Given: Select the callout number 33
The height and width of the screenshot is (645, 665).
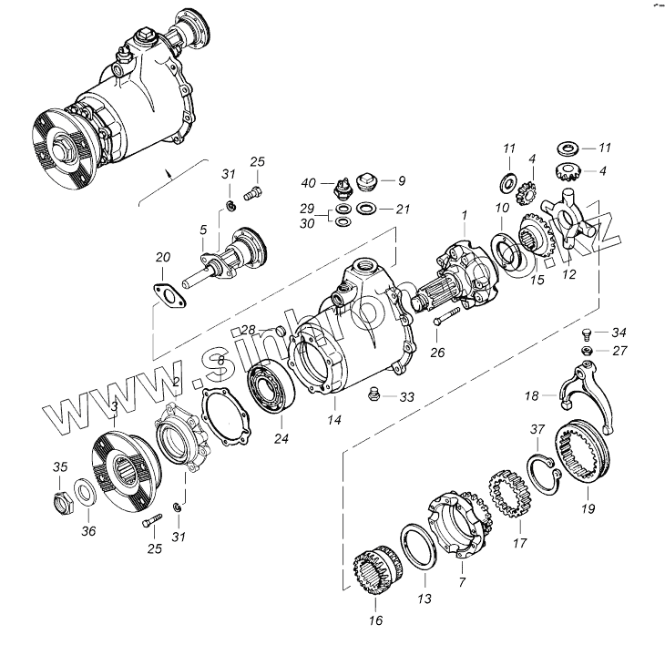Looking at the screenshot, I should pos(406,397).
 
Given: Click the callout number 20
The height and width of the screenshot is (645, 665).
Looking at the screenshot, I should pos(163,258).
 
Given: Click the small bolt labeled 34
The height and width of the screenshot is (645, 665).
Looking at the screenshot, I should pos(588,333).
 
